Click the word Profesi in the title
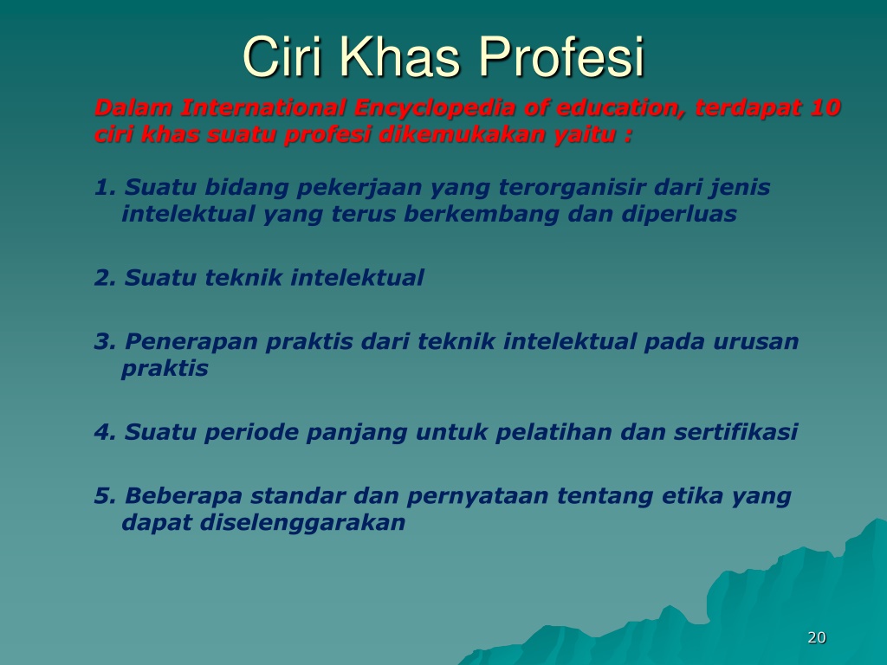click(x=561, y=57)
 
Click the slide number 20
click(x=817, y=637)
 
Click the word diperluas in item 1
click(x=679, y=215)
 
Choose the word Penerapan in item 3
click(x=191, y=342)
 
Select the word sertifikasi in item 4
click(x=735, y=432)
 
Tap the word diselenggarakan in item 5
click(x=302, y=523)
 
